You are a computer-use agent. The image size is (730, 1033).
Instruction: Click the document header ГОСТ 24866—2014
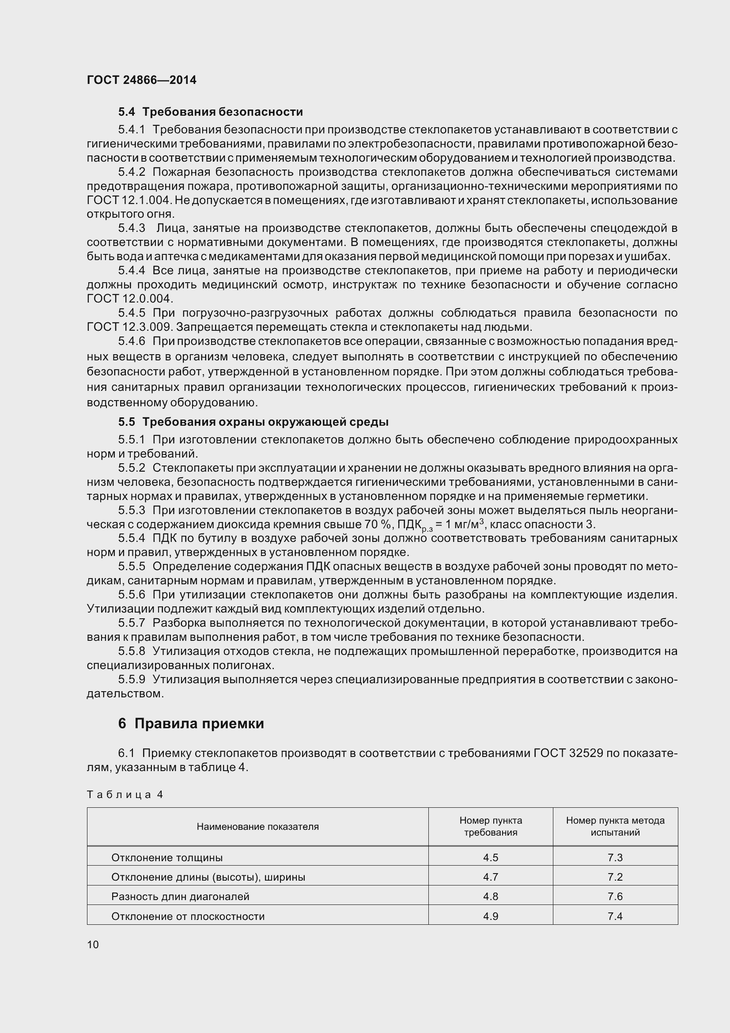(141, 80)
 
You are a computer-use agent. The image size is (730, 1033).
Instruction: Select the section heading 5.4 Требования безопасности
(210, 112)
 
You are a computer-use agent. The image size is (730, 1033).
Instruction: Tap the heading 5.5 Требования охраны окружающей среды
(253, 422)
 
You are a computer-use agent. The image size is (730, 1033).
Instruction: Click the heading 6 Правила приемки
(191, 723)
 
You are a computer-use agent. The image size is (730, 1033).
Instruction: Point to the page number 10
(93, 944)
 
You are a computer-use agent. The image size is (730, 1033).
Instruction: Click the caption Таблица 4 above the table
(125, 795)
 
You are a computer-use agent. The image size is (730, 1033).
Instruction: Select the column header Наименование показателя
(257, 826)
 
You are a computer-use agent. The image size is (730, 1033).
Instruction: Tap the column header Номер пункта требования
(490, 826)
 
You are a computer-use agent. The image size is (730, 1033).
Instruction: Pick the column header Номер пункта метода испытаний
(615, 826)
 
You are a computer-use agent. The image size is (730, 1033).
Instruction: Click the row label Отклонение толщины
(167, 858)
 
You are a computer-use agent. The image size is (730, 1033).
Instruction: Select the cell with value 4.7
(490, 877)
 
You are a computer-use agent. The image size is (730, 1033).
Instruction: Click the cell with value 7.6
(615, 896)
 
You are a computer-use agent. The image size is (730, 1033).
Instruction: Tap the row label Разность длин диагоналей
(180, 896)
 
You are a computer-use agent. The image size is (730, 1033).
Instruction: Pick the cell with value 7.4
(615, 916)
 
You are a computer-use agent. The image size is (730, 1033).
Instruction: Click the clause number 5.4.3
(131, 228)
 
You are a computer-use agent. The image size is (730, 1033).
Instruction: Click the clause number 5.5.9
(131, 679)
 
